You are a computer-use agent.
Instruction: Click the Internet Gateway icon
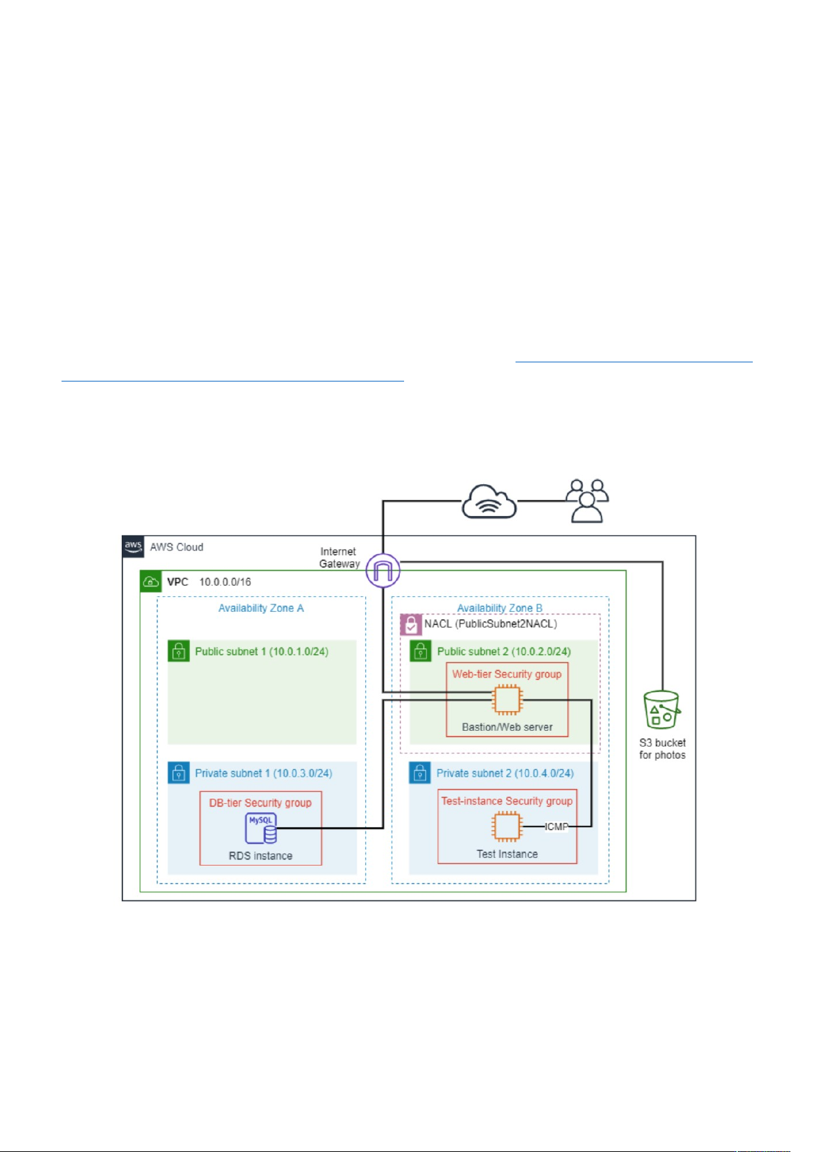(x=383, y=570)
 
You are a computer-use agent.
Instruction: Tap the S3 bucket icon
(x=661, y=710)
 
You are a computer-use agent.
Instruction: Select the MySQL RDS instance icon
(x=260, y=829)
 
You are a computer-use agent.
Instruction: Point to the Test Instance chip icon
(x=506, y=827)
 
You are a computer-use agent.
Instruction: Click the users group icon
(x=587, y=501)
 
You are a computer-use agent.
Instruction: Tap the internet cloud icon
(x=489, y=502)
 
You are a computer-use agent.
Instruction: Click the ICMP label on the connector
(x=556, y=827)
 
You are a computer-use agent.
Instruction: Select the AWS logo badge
(x=133, y=547)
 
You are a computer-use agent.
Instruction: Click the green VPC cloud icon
(x=150, y=582)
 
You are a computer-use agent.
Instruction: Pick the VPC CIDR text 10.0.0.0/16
(x=225, y=582)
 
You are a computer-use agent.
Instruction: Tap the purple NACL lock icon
(x=410, y=624)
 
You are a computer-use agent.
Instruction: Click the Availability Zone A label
(x=260, y=608)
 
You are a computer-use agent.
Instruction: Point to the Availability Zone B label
(x=500, y=608)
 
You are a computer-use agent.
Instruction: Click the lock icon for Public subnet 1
(x=178, y=651)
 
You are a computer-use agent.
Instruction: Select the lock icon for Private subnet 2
(x=420, y=773)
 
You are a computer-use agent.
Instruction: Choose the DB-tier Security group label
(x=260, y=803)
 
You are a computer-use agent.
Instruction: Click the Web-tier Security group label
(x=507, y=674)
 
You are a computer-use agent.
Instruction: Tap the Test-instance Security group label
(x=507, y=801)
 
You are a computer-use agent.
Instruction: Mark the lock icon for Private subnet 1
(x=178, y=773)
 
